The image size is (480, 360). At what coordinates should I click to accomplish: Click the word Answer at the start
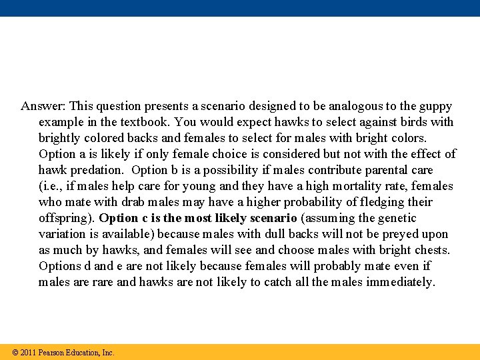pyautogui.click(x=43, y=106)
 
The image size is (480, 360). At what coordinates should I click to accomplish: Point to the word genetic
pyautogui.click(x=395, y=218)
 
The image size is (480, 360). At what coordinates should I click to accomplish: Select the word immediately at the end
pyautogui.click(x=399, y=282)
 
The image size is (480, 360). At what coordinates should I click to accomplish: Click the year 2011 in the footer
pyautogui.click(x=28, y=353)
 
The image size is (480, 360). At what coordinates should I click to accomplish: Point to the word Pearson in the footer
pyautogui.click(x=53, y=353)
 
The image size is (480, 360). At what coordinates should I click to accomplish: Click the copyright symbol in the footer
pyautogui.click(x=15, y=353)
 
